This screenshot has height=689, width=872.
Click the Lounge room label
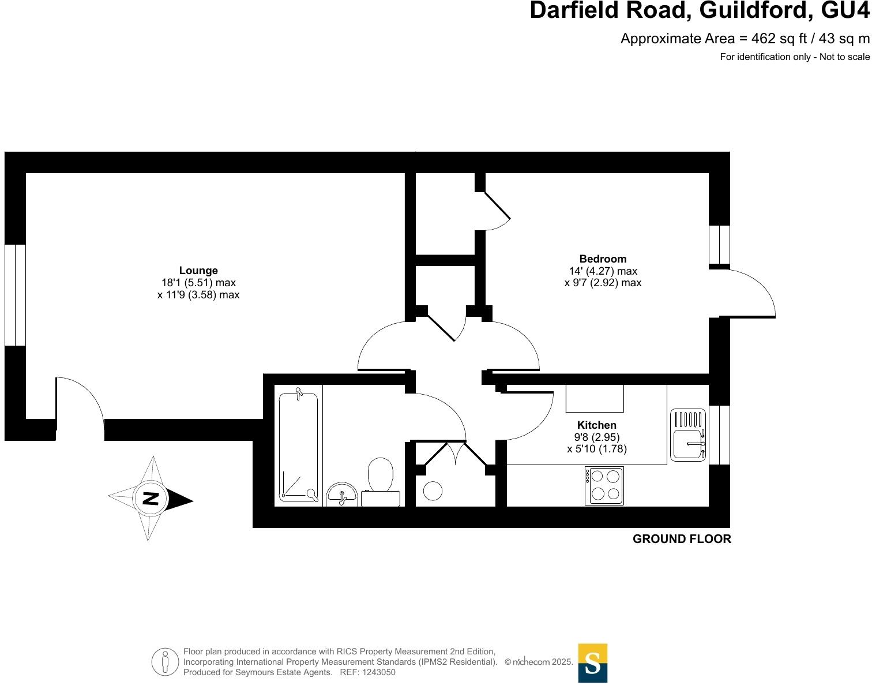pos(198,271)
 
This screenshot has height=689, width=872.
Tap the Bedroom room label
pos(603,259)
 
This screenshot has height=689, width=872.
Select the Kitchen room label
pos(597,425)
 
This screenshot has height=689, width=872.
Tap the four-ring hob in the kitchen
pos(604,485)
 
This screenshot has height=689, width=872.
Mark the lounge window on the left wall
pos(15,295)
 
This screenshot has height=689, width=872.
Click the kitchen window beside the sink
pos(719,435)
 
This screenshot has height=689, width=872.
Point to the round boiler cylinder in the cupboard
pos(433,491)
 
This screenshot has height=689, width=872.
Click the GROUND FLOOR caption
pos(682,539)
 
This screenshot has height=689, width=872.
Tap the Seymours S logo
pos(593,663)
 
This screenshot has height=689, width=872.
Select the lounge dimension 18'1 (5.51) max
pos(198,283)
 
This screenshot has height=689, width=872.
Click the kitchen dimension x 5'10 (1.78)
pos(597,448)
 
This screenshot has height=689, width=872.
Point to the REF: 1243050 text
pos(367,672)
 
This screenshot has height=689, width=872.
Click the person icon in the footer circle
pos(166,662)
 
